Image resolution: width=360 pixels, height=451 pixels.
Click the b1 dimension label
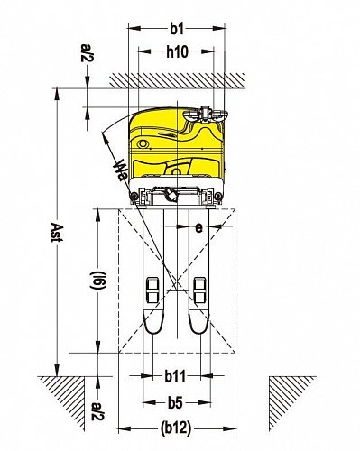tap(177, 29)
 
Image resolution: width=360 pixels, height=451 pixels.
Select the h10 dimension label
tap(177, 52)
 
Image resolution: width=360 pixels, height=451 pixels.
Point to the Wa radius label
tap(120, 170)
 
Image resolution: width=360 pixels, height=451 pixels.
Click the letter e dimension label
tap(198, 228)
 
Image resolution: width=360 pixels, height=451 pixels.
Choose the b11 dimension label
tap(175, 376)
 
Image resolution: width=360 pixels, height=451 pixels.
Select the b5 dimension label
tap(175, 403)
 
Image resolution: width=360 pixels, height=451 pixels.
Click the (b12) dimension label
tap(176, 428)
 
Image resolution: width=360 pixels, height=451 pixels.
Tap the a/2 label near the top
tap(87, 52)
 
